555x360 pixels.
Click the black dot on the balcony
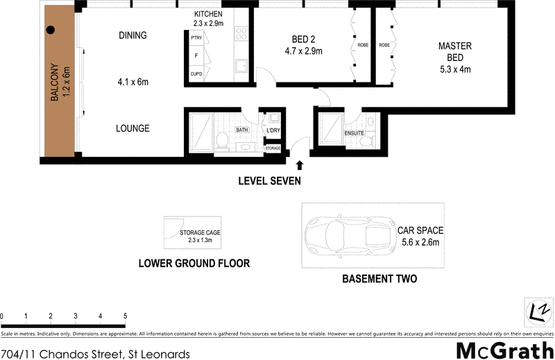pos(51,31)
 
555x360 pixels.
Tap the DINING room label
pos(133,35)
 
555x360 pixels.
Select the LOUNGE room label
pos(133,128)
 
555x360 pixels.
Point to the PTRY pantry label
pos(196,37)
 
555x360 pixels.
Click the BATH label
pos(241,130)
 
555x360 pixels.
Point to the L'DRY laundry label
pos(272,130)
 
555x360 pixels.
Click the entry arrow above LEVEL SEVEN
pos(300,166)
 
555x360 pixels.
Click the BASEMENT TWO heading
pos(379,280)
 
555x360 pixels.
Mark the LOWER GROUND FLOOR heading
pos(194,264)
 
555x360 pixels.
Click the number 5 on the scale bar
pos(125,316)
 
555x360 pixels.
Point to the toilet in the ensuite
pos(366,141)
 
